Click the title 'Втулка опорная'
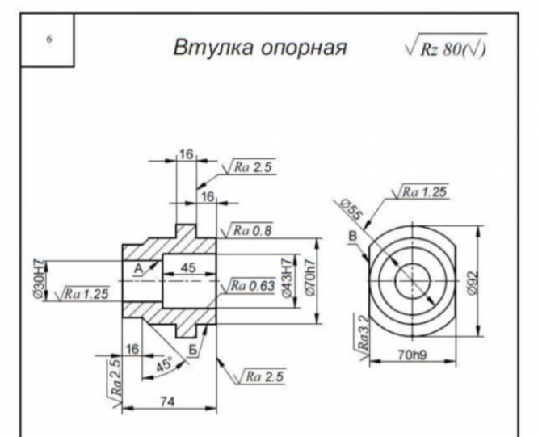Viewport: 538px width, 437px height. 260,47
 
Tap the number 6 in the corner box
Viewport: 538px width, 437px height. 49,40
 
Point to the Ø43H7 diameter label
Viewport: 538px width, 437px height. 288,277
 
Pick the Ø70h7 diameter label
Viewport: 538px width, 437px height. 309,277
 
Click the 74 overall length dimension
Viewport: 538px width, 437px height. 168,401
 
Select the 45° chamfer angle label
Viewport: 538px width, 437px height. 164,364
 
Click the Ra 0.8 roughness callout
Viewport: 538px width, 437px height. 248,229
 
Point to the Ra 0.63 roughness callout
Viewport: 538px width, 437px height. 249,285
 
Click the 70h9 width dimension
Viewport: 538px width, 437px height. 413,355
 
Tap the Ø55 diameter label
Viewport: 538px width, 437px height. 351,209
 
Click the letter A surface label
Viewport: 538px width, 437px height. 138,268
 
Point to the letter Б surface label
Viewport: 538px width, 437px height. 194,350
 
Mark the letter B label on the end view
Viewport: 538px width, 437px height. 353,237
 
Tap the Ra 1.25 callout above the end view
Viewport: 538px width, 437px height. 420,191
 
